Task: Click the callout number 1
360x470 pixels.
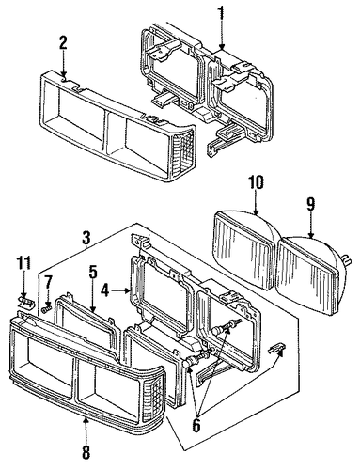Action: (222, 11)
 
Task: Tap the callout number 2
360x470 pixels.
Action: (63, 43)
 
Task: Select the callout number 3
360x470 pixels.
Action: (86, 238)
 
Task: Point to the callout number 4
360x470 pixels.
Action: (105, 291)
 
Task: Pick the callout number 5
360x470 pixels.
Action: (92, 273)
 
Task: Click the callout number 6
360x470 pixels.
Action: (196, 425)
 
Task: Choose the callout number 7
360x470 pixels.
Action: (48, 284)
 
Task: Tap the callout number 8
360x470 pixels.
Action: (86, 451)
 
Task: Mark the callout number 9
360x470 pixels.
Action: (310, 204)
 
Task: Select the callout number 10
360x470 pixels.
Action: (256, 182)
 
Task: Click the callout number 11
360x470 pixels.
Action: (24, 263)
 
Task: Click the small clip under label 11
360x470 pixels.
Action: (24, 303)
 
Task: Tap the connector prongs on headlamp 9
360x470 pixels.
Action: (347, 260)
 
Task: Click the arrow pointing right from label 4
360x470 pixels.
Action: (120, 291)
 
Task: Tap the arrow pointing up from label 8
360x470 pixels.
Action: (86, 430)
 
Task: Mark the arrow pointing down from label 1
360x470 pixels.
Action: (222, 35)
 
